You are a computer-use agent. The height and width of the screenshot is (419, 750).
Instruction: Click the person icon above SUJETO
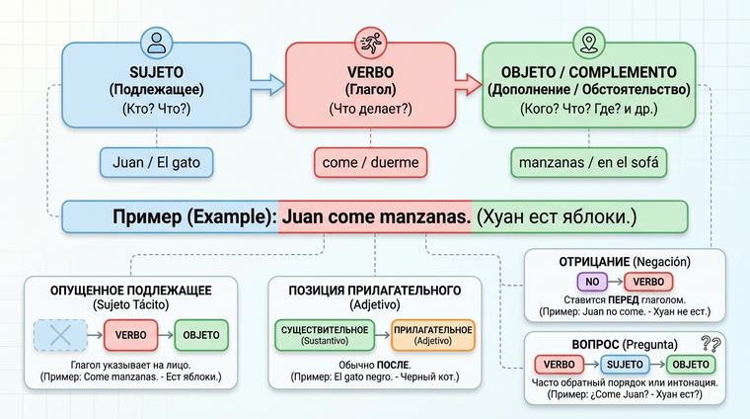coord(155,42)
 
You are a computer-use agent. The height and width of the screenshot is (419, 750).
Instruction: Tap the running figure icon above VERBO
coord(369,42)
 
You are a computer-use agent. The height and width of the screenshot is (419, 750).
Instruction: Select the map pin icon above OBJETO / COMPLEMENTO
coord(590,42)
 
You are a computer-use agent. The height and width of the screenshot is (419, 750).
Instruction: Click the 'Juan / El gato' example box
coord(156,161)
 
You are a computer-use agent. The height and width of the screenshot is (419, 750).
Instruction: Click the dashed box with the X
coord(61,335)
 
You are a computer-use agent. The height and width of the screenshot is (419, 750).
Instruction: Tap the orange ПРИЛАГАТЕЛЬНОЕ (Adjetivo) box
coord(432,335)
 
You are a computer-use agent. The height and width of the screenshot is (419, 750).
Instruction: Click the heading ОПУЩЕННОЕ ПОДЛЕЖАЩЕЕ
coord(131,290)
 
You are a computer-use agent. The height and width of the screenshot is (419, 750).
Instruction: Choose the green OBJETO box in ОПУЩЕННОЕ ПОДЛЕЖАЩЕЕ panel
coord(201,335)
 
